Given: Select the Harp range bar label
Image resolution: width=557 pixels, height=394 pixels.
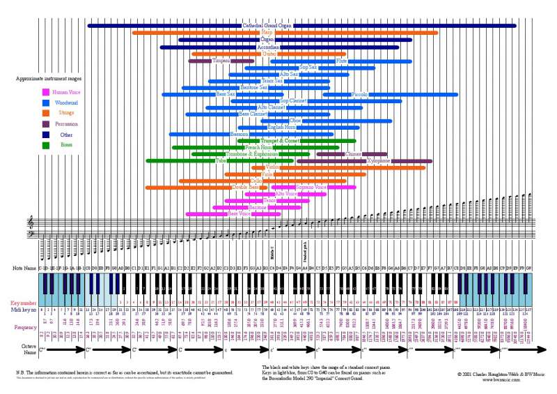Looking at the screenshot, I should pos(267,33).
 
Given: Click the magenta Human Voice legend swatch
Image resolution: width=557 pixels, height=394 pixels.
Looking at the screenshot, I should pos(46,92).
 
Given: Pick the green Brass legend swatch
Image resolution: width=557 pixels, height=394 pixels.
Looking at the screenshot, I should pos(46,145).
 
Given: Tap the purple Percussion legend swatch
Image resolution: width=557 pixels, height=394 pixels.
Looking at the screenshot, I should pos(46,123).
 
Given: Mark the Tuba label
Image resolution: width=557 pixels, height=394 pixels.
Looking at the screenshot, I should pos(221,160).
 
